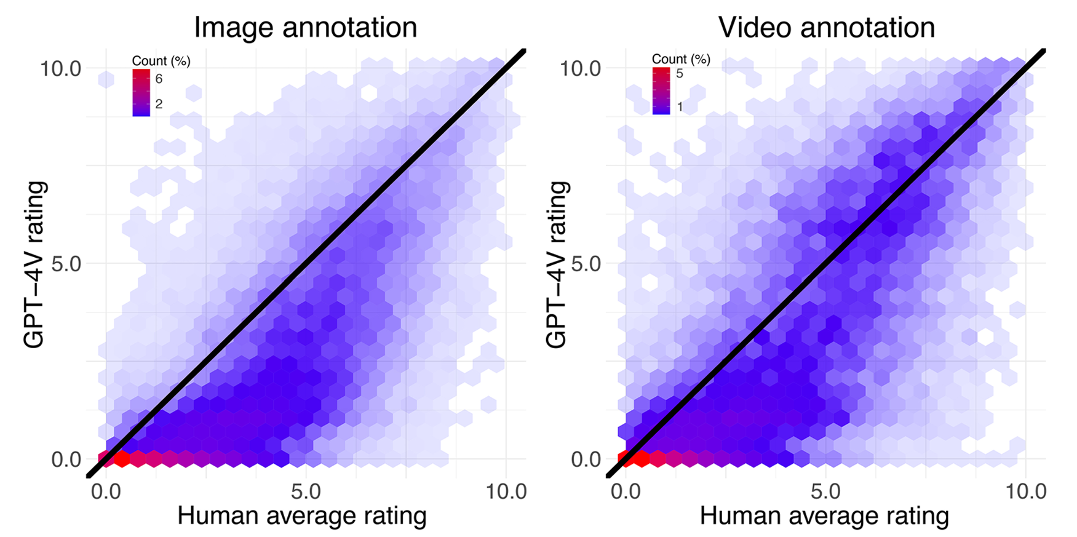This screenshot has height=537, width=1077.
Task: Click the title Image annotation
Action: [x=305, y=28]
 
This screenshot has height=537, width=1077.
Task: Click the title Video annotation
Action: [x=826, y=28]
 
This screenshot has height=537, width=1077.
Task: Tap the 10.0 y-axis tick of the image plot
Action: [x=61, y=68]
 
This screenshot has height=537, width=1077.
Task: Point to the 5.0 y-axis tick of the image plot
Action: [x=66, y=264]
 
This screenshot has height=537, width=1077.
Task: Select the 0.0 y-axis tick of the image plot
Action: [x=66, y=459]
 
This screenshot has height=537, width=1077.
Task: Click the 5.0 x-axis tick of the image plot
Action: [x=306, y=491]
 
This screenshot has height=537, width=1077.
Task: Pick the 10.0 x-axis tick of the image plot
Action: [x=506, y=491]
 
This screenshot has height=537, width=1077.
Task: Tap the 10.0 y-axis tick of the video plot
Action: [x=581, y=68]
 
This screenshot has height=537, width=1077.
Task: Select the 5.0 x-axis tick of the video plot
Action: [x=825, y=491]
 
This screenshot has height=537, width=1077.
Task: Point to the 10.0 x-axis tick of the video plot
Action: [x=1025, y=491]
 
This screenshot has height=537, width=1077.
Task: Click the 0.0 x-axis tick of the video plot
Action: [x=626, y=491]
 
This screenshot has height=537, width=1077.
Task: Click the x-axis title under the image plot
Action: [x=301, y=515]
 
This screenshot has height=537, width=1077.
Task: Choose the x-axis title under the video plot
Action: [x=824, y=515]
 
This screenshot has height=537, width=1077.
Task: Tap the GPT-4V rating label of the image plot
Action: [x=35, y=265]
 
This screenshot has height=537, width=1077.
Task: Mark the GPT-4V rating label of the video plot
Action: [x=557, y=265]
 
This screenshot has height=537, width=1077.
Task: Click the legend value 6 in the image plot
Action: [x=159, y=78]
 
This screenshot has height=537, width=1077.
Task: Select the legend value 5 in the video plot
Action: [x=679, y=74]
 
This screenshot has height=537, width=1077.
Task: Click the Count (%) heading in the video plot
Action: [x=681, y=59]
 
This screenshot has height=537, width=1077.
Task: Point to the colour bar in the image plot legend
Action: [x=141, y=92]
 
